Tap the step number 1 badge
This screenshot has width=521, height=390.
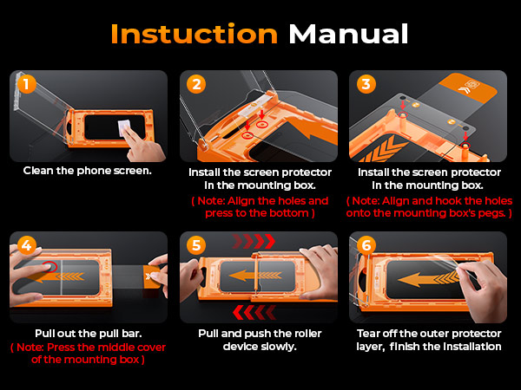click(27, 84)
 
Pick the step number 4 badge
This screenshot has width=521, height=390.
click(27, 245)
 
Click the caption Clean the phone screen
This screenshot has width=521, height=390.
click(88, 171)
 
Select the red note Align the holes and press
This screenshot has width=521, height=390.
click(259, 206)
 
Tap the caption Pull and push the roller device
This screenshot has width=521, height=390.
click(259, 340)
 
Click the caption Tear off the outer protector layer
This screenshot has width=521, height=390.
click(429, 340)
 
